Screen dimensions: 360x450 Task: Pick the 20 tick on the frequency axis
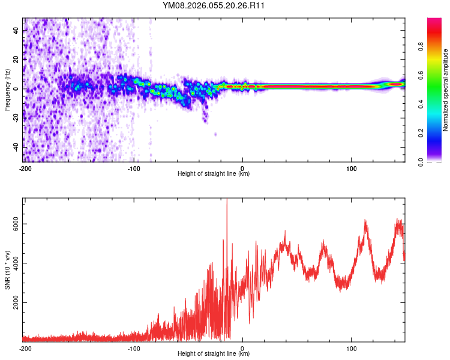click(x=16, y=59)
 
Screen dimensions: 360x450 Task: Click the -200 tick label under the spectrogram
click(x=25, y=168)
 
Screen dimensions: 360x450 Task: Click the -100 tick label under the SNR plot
click(x=133, y=348)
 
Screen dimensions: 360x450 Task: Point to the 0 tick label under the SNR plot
click(x=242, y=348)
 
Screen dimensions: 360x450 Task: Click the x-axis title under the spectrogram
click(x=214, y=174)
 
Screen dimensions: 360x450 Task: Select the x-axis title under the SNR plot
click(x=214, y=354)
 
